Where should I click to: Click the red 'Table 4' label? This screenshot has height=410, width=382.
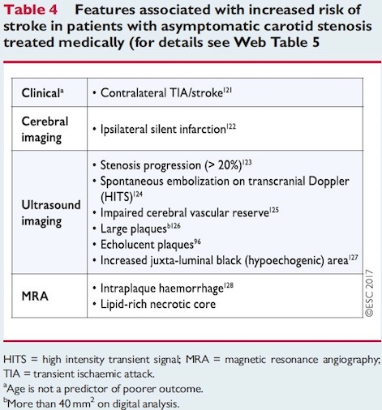[31, 10]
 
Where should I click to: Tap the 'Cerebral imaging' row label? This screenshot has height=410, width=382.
[45, 130]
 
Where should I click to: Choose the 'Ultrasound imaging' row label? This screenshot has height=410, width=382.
[51, 213]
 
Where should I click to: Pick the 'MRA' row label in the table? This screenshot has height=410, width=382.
[35, 297]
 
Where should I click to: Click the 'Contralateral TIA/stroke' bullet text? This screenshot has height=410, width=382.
[161, 93]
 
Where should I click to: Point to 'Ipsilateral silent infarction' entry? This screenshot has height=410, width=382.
[163, 129]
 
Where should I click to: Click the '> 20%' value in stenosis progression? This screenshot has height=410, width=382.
[223, 165]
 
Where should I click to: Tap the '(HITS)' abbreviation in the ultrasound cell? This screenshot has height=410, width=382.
[117, 197]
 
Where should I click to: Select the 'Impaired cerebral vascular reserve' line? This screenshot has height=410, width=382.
[185, 213]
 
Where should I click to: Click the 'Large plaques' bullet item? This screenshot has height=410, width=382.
[134, 228]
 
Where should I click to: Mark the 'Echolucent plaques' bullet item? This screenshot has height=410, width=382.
[147, 245]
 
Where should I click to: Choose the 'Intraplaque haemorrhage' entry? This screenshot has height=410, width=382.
[162, 288]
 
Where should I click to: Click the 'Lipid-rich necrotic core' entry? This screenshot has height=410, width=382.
[158, 305]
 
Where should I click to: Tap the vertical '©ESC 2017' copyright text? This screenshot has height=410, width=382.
[369, 293]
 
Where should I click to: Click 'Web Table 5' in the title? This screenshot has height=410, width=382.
[277, 42]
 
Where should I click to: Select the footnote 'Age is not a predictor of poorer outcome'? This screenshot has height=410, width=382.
[105, 389]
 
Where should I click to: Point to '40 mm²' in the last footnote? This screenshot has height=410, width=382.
[77, 404]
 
